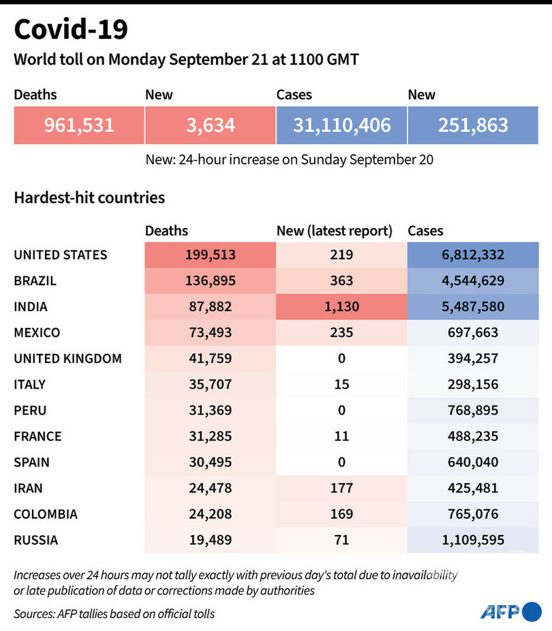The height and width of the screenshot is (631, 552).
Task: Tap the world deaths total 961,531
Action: pyautogui.click(x=79, y=125)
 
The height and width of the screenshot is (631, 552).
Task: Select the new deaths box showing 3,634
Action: pyautogui.click(x=210, y=125)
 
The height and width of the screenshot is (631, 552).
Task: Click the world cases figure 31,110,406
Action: pyautogui.click(x=341, y=125)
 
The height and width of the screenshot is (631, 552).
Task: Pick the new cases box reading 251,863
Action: pyautogui.click(x=473, y=125)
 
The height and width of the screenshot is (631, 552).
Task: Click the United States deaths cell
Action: pyautogui.click(x=210, y=255)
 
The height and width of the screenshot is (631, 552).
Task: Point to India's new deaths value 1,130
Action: pyautogui.click(x=341, y=307)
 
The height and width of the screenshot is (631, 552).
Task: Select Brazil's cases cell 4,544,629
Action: pyautogui.click(x=473, y=281)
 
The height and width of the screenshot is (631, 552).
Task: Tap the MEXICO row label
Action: pyautogui.click(x=37, y=333)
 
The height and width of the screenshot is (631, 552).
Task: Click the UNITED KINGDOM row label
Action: pyautogui.click(x=67, y=359)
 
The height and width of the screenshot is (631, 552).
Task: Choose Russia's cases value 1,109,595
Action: pyautogui.click(x=473, y=540)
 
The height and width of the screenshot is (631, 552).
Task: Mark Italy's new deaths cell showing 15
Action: pyautogui.click(x=341, y=385)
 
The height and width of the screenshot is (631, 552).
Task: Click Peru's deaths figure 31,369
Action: pyautogui.click(x=210, y=410)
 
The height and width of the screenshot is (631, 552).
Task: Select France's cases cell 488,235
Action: pyautogui.click(x=473, y=436)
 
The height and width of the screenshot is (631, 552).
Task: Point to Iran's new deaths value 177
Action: pyautogui.click(x=341, y=488)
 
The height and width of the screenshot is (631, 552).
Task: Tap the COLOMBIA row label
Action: pyautogui.click(x=46, y=514)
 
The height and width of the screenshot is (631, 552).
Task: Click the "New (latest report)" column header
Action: pyautogui.click(x=334, y=231)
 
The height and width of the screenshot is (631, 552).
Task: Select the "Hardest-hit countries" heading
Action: pyautogui.click(x=89, y=198)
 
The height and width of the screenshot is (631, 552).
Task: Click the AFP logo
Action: pyautogui.click(x=510, y=611)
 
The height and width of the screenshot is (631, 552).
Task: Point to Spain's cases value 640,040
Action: pyautogui.click(x=473, y=462)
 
